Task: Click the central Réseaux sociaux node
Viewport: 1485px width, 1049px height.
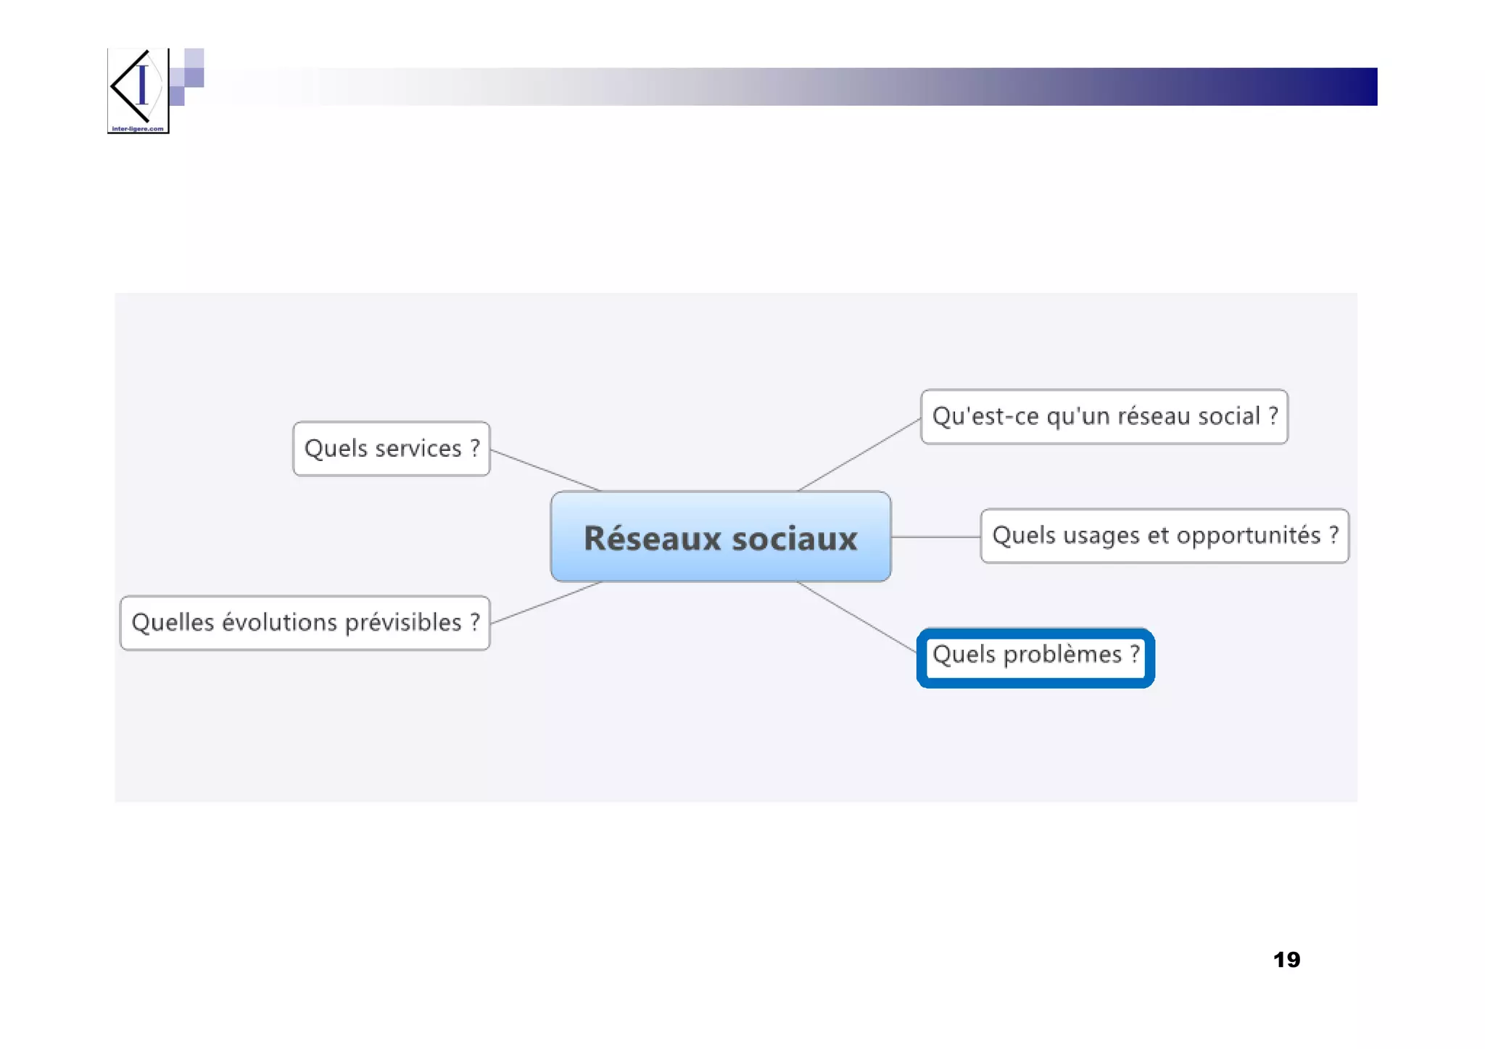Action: (x=720, y=536)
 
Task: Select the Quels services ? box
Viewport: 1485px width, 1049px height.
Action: (x=392, y=449)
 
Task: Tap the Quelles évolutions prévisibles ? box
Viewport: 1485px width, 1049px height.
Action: (x=305, y=623)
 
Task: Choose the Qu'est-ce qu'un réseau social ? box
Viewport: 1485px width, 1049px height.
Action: (x=1104, y=417)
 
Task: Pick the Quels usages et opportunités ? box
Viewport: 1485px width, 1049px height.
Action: (x=1164, y=536)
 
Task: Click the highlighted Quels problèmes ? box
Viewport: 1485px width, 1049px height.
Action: (x=1035, y=656)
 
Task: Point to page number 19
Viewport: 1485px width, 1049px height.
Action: (x=1286, y=960)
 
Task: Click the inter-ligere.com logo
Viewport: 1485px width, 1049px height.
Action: (x=138, y=91)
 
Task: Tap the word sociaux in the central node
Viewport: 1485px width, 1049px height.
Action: (x=795, y=539)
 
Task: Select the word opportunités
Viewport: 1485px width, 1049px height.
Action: (x=1248, y=536)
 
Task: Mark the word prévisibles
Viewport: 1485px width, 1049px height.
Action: (x=402, y=623)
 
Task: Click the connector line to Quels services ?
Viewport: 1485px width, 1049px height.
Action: (x=545, y=470)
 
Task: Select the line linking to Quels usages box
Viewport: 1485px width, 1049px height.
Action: (x=935, y=536)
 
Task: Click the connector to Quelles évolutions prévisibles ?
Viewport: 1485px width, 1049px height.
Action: (x=545, y=602)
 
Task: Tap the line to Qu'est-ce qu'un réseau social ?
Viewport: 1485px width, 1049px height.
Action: (x=859, y=455)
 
